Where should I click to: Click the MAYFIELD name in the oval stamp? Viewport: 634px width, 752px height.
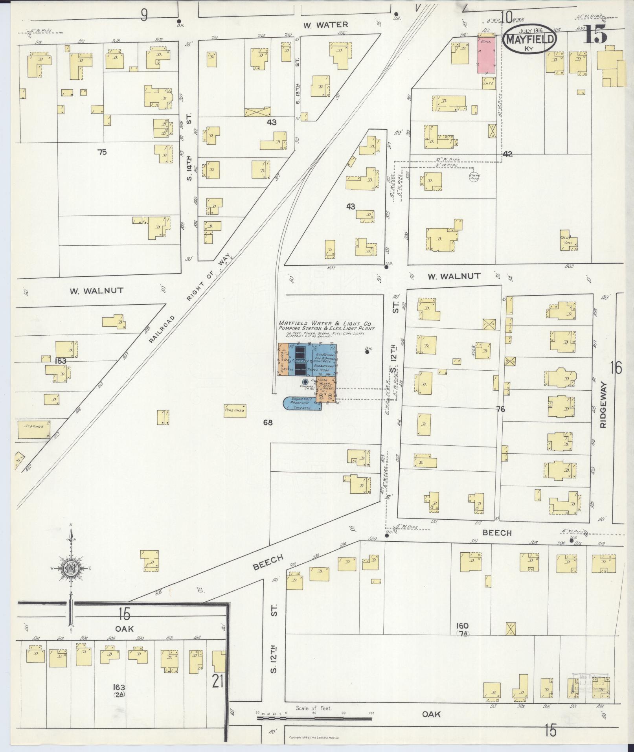pos(531,39)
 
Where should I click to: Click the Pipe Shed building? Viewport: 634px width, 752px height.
pos(235,410)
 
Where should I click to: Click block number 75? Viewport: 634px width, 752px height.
pos(102,152)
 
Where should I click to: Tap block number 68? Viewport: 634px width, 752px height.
pos(268,423)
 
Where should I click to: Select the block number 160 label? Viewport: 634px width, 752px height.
pos(462,626)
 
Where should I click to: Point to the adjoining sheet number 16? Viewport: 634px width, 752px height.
pos(616,368)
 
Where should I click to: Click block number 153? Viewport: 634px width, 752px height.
pos(61,361)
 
